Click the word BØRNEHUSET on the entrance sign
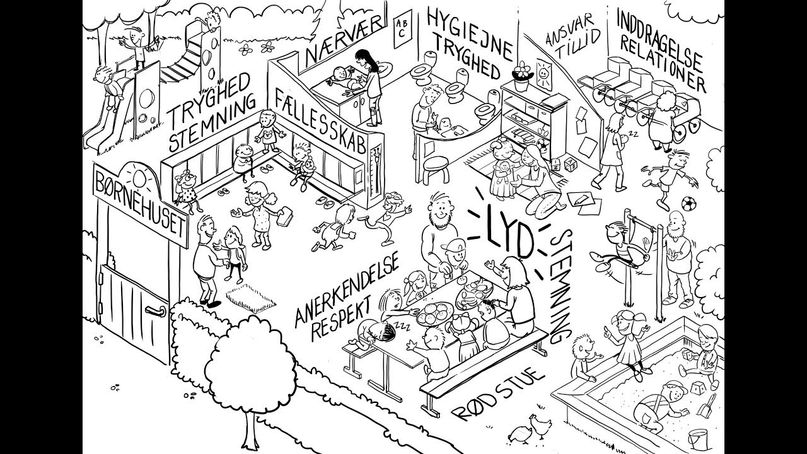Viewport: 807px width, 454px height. pyautogui.click(x=141, y=204)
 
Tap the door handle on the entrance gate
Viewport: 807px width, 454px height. pyautogui.click(x=155, y=311)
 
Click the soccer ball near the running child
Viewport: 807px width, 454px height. pyautogui.click(x=688, y=203)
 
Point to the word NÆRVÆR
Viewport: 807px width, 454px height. pyautogui.click(x=344, y=40)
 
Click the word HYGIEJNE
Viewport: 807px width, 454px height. pyautogui.click(x=470, y=33)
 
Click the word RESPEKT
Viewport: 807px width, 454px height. pyautogui.click(x=341, y=318)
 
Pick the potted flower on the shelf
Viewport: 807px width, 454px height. pyautogui.click(x=521, y=76)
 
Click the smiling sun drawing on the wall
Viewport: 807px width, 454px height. pyautogui.click(x=543, y=75)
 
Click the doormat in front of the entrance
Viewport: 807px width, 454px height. pyautogui.click(x=252, y=299)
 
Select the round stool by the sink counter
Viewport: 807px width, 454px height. pyautogui.click(x=436, y=170)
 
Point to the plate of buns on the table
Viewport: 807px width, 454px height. pyautogui.click(x=434, y=314)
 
